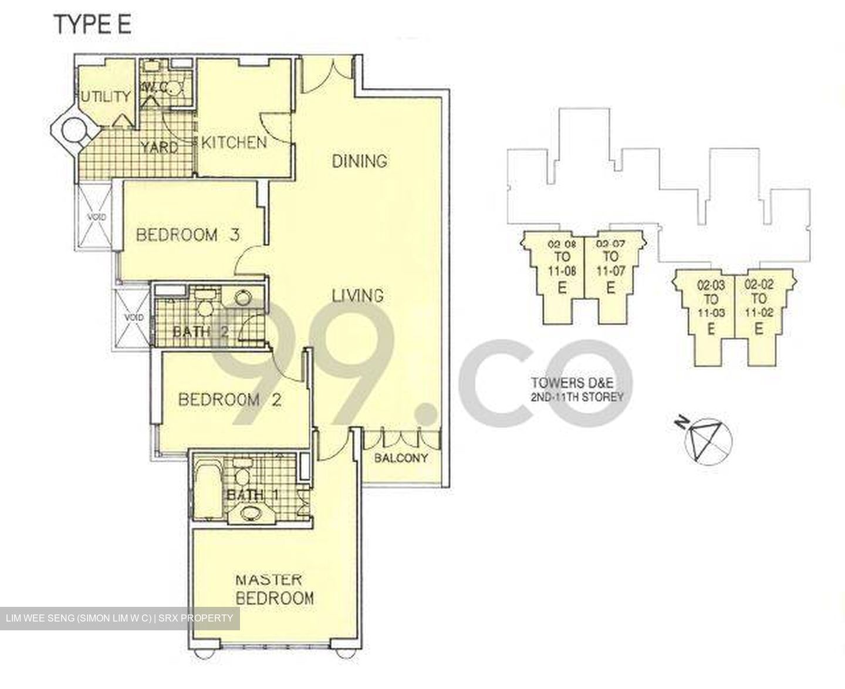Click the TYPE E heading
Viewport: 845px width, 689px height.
[93, 25]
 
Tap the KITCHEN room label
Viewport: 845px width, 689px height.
[234, 142]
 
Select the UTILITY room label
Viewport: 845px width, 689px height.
[106, 97]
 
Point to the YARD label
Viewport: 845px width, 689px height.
[159, 147]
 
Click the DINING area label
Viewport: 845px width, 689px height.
[360, 161]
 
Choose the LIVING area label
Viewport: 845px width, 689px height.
[358, 295]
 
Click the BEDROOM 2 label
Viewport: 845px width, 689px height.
[229, 400]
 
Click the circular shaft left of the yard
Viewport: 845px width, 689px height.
[75, 129]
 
